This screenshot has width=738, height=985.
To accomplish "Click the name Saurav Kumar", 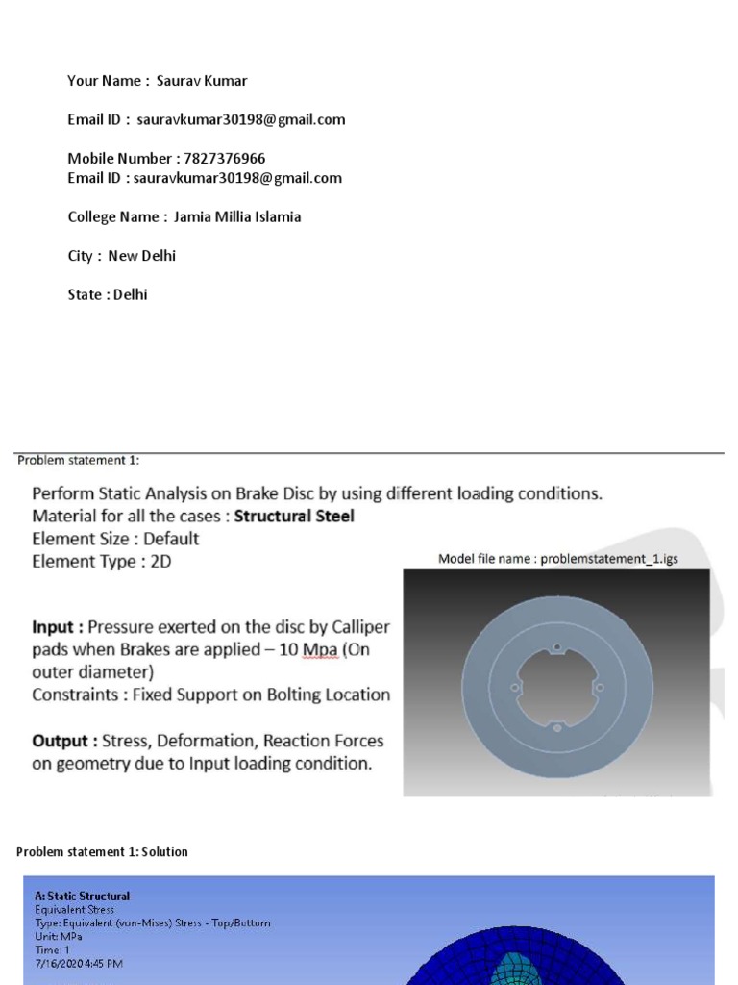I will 202,81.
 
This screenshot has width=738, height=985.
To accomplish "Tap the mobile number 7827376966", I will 224,158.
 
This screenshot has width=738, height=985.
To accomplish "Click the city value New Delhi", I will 141,256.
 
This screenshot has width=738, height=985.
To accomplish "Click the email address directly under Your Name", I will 240,119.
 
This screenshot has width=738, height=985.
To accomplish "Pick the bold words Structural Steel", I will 294,517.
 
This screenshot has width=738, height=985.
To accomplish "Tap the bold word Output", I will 65,741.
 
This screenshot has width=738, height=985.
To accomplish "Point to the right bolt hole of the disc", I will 600,688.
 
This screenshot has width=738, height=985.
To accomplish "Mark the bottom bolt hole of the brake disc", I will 557,729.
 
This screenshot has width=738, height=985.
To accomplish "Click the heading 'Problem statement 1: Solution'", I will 102,852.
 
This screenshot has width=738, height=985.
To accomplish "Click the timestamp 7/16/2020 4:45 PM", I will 79,963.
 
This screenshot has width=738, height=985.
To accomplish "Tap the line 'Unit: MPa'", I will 59,936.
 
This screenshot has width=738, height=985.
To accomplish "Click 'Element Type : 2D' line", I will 102,562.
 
